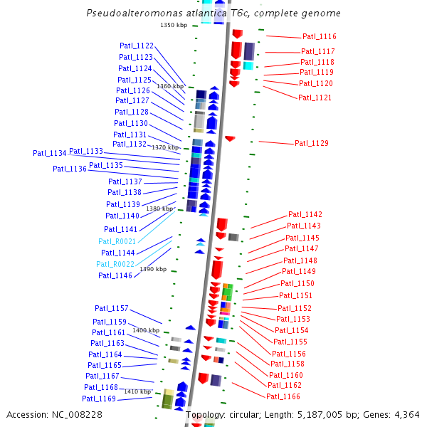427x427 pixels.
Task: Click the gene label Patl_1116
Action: (x=319, y=36)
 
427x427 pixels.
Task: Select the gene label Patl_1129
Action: (x=312, y=144)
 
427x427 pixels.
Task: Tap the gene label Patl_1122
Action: (x=137, y=46)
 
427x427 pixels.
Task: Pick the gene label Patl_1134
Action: (x=49, y=153)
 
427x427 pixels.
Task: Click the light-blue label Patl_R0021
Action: (x=117, y=241)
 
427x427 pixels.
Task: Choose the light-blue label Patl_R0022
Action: (x=115, y=264)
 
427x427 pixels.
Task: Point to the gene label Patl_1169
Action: (x=99, y=399)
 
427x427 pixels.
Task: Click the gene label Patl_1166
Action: (x=283, y=396)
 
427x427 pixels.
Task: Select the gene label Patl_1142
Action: (x=305, y=214)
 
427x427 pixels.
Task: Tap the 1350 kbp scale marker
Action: (x=174, y=25)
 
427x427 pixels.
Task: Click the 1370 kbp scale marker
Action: (x=165, y=147)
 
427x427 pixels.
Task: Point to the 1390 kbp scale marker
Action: (x=153, y=269)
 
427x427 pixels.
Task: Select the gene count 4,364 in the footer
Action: (x=406, y=414)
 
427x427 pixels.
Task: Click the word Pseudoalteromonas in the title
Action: (x=130, y=14)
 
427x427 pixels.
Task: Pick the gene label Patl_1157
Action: (x=112, y=308)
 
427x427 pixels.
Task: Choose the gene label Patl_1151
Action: (x=295, y=295)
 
